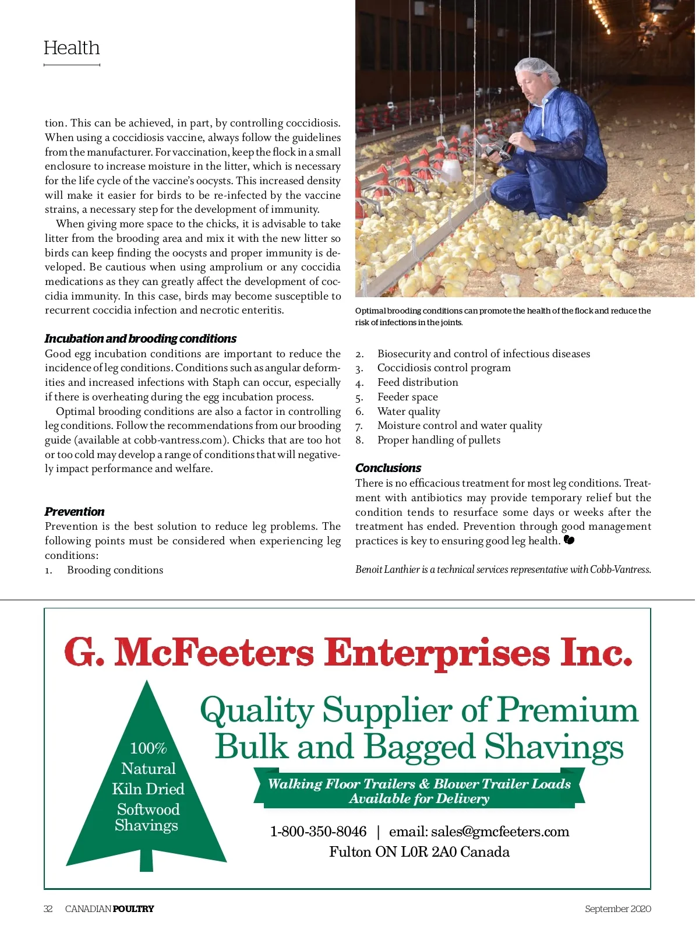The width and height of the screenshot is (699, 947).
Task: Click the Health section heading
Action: click(72, 48)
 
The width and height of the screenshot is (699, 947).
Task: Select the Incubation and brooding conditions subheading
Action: click(140, 339)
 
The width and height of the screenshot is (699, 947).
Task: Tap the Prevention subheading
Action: click(75, 512)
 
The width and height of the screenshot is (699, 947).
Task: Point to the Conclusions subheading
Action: click(388, 468)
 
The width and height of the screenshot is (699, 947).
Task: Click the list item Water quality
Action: click(408, 411)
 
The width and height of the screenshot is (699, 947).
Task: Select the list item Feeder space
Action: click(407, 397)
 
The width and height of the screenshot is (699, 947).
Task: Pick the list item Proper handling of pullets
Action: click(439, 440)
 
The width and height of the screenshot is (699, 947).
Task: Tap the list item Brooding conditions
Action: click(115, 570)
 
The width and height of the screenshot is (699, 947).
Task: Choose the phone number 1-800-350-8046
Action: click(318, 832)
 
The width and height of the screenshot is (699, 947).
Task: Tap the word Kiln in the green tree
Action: click(127, 789)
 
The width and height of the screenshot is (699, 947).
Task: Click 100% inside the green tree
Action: click(148, 748)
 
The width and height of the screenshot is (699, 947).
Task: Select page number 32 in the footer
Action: click(48, 909)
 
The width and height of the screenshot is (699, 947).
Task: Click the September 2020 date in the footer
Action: click(617, 909)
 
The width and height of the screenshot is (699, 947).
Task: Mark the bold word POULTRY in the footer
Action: click(133, 909)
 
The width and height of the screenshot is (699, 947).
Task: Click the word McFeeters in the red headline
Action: click(214, 652)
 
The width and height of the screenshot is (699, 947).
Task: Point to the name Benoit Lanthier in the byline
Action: click(387, 569)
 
